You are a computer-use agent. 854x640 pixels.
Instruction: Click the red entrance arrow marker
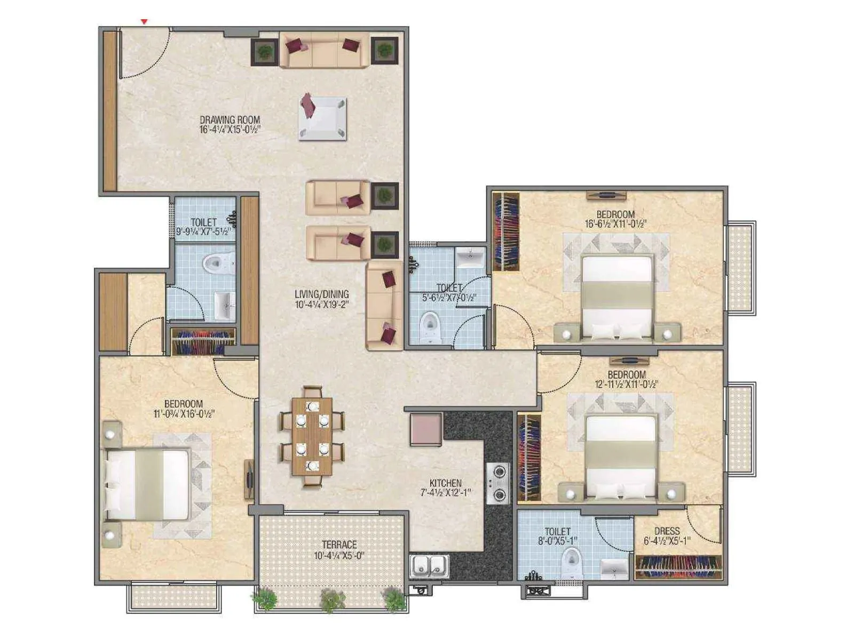144,22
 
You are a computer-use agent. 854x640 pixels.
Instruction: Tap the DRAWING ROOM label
230,120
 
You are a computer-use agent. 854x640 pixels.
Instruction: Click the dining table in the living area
312,436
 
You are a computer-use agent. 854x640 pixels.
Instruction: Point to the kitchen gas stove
497,483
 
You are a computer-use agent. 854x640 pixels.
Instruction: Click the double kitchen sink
429,565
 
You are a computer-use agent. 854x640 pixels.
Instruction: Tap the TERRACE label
339,545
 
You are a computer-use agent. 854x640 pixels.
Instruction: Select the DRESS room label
667,531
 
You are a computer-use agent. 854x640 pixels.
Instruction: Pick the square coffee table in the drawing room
323,118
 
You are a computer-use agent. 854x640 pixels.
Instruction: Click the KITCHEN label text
445,483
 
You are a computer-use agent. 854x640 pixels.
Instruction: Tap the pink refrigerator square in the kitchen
426,429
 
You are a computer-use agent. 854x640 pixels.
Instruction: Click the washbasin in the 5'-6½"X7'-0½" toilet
470,258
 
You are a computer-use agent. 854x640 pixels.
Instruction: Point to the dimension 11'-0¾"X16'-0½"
184,414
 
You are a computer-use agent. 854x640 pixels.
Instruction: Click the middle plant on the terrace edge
332,600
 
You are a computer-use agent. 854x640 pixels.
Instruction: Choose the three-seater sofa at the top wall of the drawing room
323,50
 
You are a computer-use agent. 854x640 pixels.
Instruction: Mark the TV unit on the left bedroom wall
249,479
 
